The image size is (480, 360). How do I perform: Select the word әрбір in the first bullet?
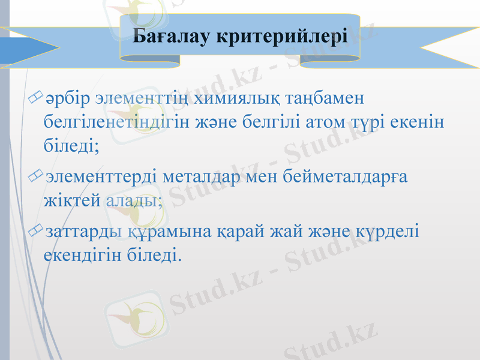(x=68, y=97)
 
